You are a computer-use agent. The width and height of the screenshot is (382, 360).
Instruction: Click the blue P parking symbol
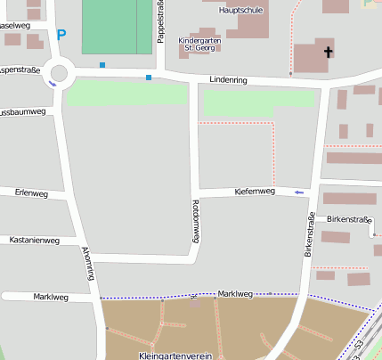[x=61, y=36]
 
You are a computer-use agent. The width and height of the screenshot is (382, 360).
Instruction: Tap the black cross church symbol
[x=327, y=53]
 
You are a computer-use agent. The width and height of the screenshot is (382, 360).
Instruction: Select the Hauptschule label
[x=240, y=10]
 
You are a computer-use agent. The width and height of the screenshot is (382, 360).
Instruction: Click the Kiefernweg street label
[x=255, y=191]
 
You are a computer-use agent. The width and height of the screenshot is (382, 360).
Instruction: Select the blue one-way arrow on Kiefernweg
[x=299, y=192]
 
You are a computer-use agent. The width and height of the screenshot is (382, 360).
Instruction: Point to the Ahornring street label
[x=87, y=265]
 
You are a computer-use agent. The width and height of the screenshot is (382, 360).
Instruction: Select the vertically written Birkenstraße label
[x=310, y=236]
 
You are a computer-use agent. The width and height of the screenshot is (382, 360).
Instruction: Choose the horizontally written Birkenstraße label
[x=349, y=218]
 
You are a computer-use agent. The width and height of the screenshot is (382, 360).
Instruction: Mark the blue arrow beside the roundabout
[x=53, y=85]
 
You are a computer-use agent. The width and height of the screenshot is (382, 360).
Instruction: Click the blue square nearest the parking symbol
[x=102, y=65]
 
